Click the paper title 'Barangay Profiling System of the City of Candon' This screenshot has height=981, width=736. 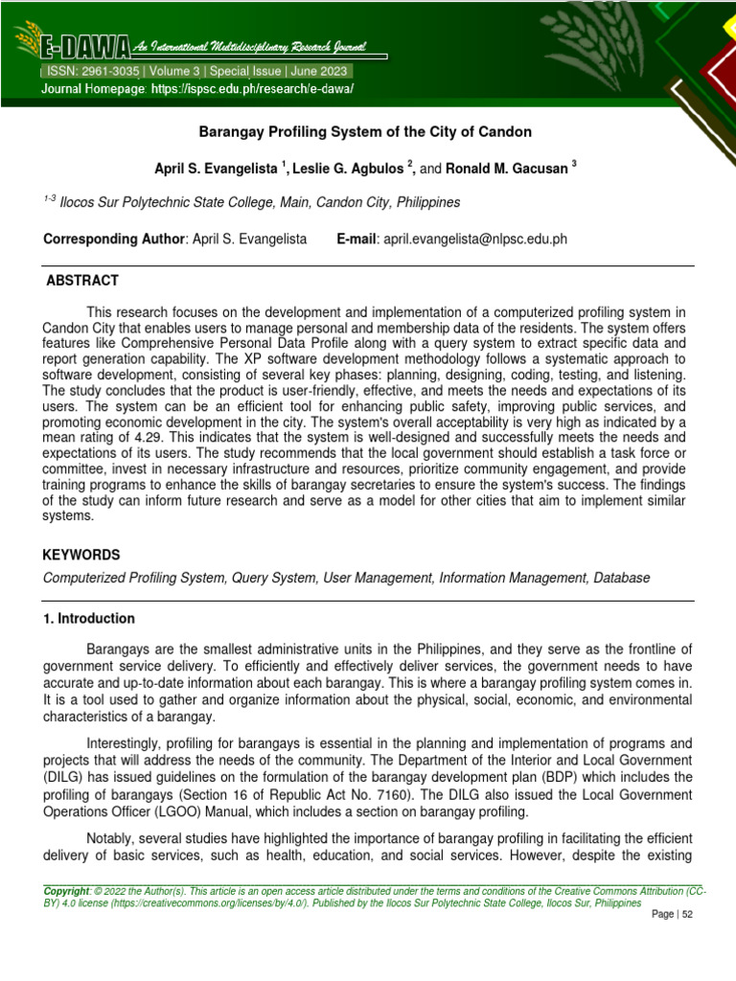pyautogui.click(x=364, y=131)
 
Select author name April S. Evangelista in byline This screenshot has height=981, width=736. pyautogui.click(x=216, y=169)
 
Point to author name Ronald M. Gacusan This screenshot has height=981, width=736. pyautogui.click(x=508, y=169)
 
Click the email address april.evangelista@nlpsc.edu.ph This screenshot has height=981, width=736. pyautogui.click(x=475, y=239)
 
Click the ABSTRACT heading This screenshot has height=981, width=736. pyautogui.click(x=82, y=281)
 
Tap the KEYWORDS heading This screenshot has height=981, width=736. pyautogui.click(x=81, y=555)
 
